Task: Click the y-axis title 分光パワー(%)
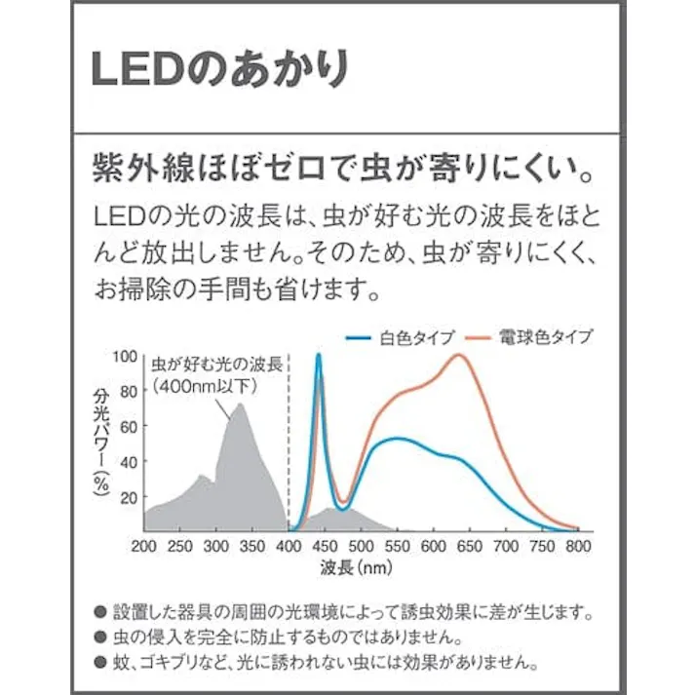point(100,444)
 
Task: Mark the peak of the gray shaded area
point(239,405)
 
